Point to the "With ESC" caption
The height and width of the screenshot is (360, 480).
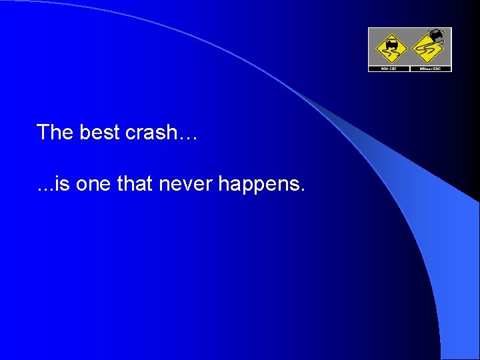coord(389,68)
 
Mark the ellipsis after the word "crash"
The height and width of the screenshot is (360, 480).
coord(189,137)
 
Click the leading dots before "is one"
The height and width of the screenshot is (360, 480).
coord(45,189)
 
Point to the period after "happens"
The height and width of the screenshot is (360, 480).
coord(303,189)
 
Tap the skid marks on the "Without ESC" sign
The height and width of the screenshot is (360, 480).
coord(427,51)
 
